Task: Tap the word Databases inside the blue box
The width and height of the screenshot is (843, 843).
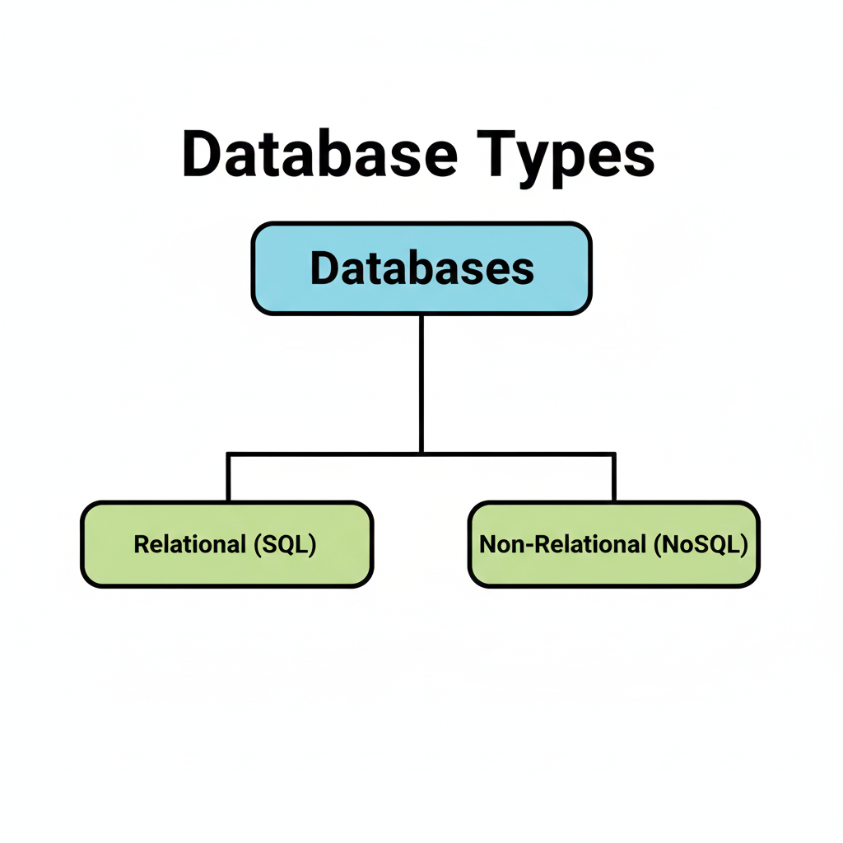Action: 421,269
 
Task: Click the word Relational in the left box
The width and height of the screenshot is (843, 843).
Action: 190,544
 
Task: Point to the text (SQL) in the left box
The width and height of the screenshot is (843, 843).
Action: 285,544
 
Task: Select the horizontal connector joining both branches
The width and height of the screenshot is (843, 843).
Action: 329,453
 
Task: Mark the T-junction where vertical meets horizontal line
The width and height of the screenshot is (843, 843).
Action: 421,453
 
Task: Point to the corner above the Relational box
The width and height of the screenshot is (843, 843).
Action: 228,453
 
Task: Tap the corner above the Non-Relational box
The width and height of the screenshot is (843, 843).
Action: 614,453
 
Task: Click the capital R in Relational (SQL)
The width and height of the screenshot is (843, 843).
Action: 141,544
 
